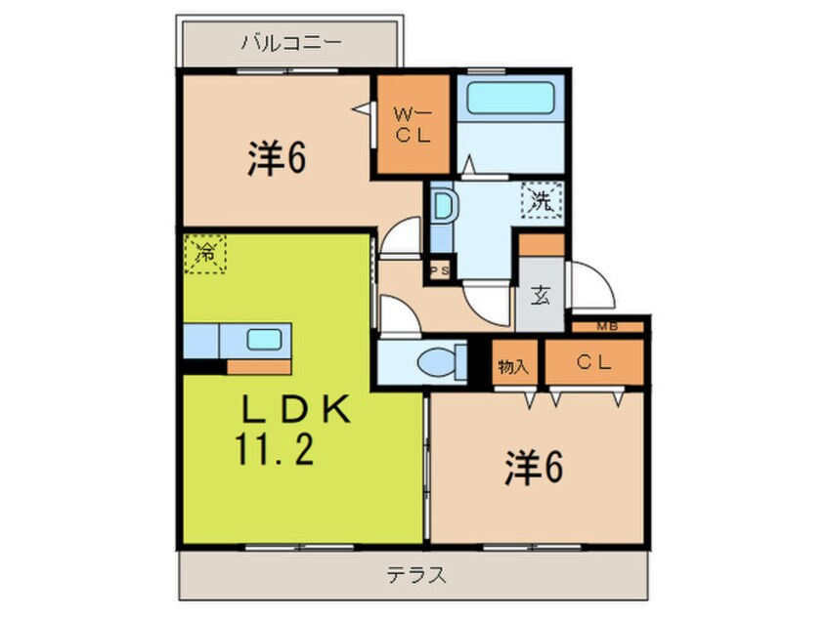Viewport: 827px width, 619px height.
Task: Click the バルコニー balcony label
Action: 290,43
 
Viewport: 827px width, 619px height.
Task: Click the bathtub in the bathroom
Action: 508,101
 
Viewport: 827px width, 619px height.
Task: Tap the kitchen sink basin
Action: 264,341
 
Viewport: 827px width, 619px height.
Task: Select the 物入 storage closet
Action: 513,365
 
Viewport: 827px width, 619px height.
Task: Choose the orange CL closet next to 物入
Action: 593,363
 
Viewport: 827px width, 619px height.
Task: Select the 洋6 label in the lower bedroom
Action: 535,471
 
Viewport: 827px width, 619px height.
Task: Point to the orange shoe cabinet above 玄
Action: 542,244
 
